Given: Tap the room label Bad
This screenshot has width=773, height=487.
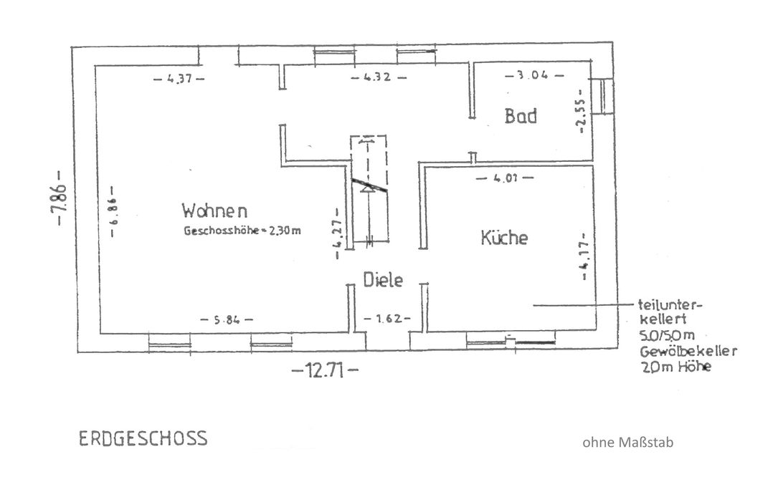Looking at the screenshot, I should coord(521,116).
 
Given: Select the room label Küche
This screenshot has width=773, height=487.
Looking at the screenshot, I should coord(504,238).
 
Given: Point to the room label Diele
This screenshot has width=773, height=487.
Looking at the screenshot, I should coord(383,280).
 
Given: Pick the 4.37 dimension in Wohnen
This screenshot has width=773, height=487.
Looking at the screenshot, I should coord(179,79).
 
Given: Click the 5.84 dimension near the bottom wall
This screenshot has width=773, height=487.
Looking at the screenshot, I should coord(227,319).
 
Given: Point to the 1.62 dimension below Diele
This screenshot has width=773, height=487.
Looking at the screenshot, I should coord(387,317).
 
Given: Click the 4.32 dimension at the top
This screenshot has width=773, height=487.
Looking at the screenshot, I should coord(379,77).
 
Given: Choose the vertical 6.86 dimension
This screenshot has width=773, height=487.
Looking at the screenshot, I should coord(113,218).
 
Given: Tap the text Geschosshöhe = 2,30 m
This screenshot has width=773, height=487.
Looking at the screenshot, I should coord(242,231).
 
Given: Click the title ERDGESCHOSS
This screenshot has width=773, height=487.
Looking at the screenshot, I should coord(142,438).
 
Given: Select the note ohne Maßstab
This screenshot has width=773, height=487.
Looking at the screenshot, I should coord(628,443).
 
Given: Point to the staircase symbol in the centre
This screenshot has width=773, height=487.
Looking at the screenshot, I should coord(369,191).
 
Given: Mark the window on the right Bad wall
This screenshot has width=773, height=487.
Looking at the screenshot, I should coord(607,96).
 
